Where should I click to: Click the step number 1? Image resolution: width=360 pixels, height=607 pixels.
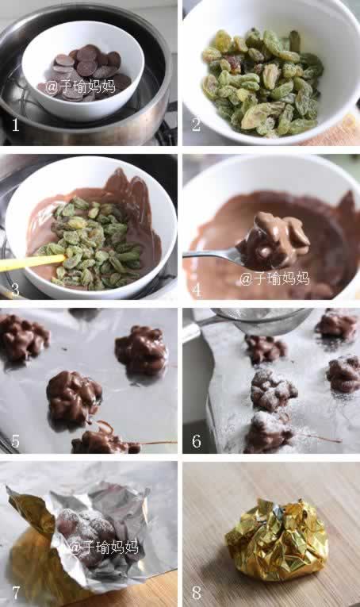pyautogui.click(x=15, y=125)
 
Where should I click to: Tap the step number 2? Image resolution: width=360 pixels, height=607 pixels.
pyautogui.click(x=197, y=125)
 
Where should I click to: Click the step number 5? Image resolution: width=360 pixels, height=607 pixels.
pyautogui.click(x=16, y=441)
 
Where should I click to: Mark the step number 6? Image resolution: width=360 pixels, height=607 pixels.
pyautogui.click(x=197, y=441)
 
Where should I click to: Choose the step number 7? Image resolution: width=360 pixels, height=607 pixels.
pyautogui.click(x=16, y=592)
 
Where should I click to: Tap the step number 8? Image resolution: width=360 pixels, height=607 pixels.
pyautogui.click(x=197, y=592)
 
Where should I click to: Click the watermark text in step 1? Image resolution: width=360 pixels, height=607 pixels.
pyautogui.click(x=80, y=87)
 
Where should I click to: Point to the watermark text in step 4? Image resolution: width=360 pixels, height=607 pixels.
pyautogui.click(x=274, y=279)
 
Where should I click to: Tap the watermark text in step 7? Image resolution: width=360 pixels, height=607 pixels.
pyautogui.click(x=104, y=547)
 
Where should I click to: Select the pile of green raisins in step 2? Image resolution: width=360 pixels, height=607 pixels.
pyautogui.click(x=263, y=81)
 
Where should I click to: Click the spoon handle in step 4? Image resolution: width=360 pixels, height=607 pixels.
pyautogui.click(x=211, y=254)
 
